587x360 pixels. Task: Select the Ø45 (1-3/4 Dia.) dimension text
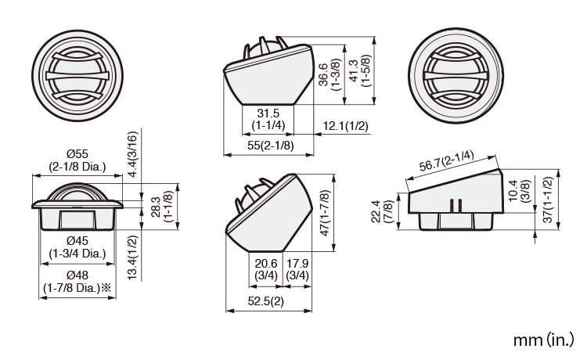tap(77, 246)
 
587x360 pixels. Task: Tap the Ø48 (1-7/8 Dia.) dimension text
tap(77, 281)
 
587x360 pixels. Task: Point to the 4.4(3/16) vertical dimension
tap(134, 155)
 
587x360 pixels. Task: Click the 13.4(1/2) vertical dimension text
tap(134, 257)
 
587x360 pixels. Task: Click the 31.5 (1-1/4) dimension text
tap(268, 118)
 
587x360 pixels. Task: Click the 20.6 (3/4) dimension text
tap(265, 269)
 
